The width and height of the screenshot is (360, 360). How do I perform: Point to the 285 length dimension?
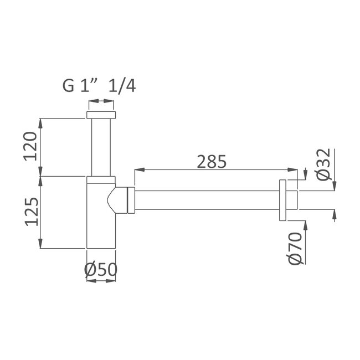tap(212, 161)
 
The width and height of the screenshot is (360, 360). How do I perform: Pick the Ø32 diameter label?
tap(324, 164)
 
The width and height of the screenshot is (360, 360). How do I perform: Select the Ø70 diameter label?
tap(296, 249)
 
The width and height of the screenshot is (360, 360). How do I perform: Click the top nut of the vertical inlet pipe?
tap(101, 115)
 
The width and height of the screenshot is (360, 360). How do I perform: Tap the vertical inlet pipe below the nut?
tap(101, 147)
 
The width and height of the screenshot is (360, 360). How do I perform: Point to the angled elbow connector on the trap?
tap(118, 199)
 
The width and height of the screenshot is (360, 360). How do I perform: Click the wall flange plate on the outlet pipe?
tap(282, 200)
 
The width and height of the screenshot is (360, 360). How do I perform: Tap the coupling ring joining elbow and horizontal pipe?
tap(131, 200)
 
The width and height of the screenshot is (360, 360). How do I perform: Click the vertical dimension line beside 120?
tap(40, 146)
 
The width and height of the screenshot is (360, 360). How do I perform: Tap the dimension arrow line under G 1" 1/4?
tap(101, 101)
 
